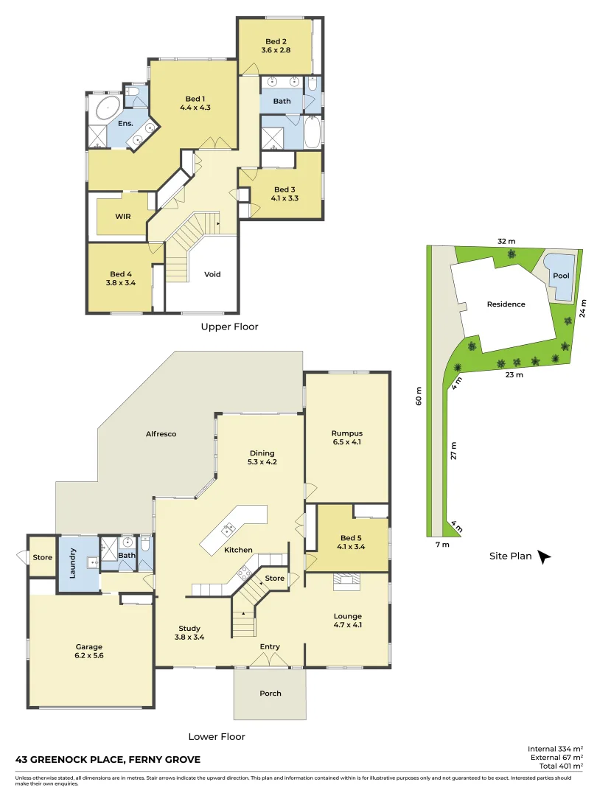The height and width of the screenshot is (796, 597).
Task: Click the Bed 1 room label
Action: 195,99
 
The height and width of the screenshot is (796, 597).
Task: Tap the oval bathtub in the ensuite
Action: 108,108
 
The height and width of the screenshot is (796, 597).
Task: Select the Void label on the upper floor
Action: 212,274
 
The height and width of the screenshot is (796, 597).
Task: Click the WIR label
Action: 122,216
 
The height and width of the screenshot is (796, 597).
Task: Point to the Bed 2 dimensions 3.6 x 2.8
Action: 277,50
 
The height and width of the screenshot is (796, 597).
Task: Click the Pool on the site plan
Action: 561,276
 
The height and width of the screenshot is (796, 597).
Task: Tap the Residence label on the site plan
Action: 506,304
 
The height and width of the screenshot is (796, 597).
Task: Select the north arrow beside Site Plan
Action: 545,557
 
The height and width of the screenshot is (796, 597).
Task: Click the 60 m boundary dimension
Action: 419,400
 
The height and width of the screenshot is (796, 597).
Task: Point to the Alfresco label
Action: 161,434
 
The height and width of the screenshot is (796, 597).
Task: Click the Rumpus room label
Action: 346,433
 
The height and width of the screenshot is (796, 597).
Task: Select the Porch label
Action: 270,693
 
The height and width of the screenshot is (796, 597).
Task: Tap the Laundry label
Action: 72,562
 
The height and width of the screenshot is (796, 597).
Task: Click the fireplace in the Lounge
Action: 346,582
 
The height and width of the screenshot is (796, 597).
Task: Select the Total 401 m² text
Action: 556,767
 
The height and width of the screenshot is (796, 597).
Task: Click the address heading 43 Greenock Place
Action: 108,759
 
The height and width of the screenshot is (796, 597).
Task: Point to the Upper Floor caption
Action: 229,326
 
